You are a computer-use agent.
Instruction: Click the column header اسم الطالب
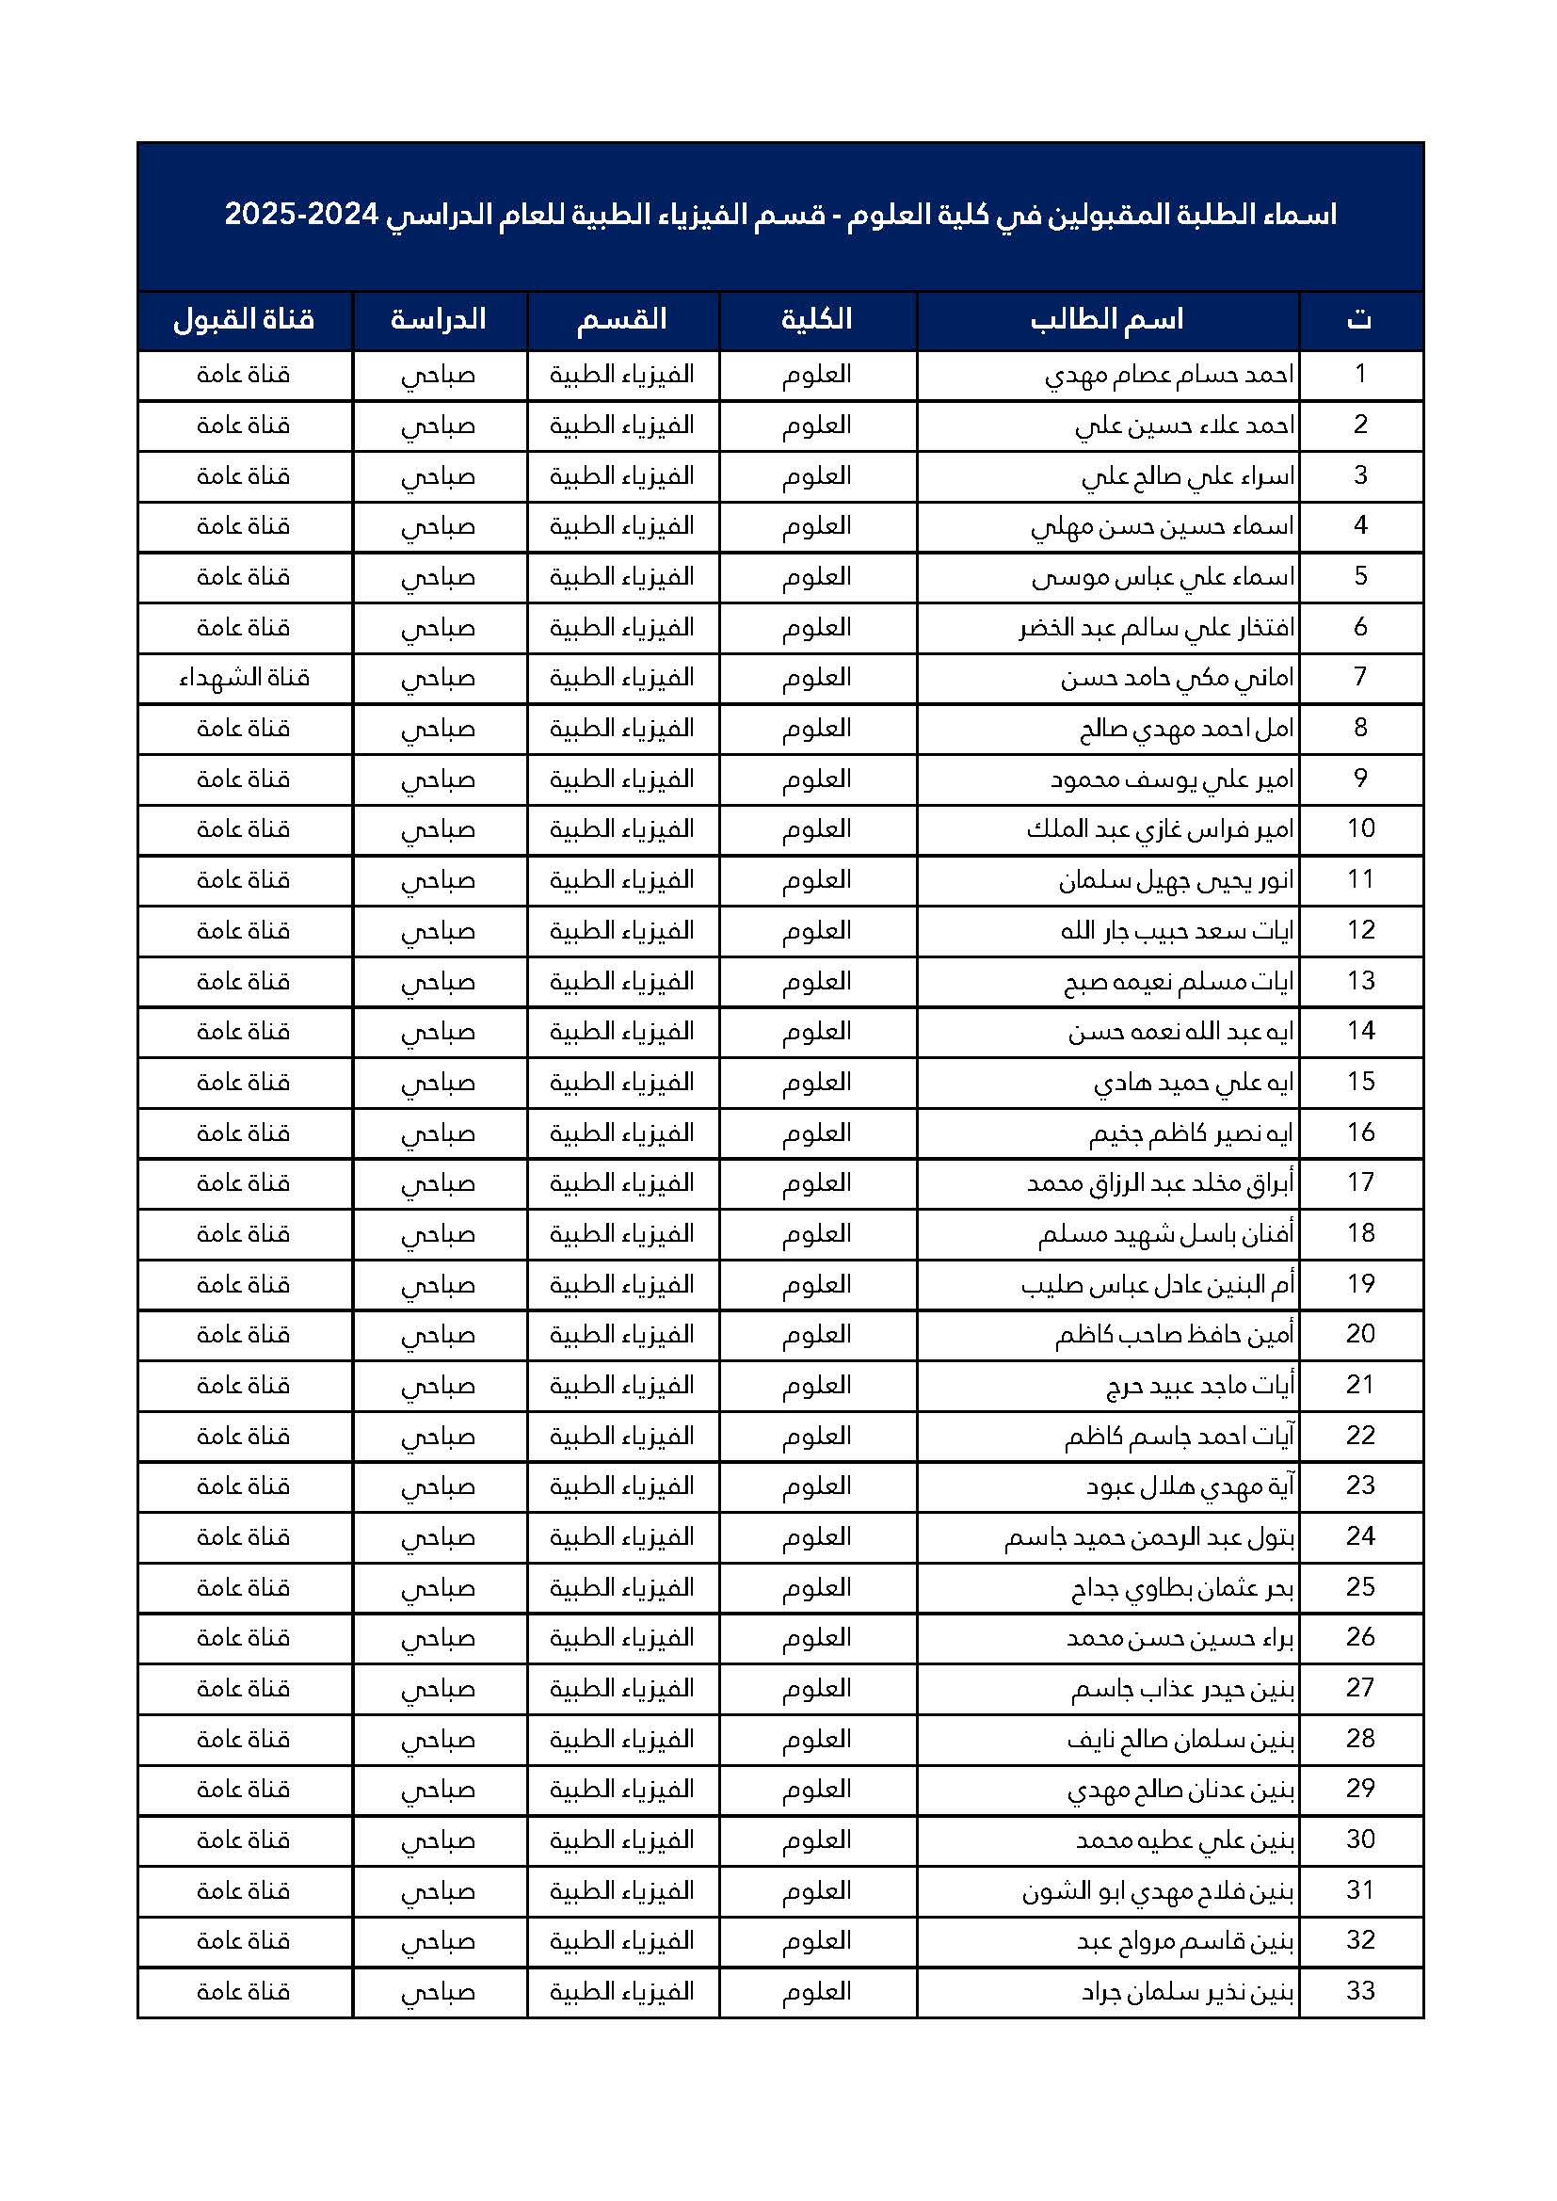(1107, 320)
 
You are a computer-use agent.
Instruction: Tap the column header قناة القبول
(244, 320)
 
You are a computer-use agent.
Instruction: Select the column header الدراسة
(438, 320)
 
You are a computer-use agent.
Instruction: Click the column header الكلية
(817, 320)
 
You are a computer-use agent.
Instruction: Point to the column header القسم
(621, 320)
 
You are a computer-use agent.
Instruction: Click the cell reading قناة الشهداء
(245, 679)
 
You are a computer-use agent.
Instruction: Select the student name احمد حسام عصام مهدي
(1169, 375)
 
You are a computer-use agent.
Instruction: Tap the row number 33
(1360, 1991)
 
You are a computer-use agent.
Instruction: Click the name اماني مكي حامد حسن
(1177, 679)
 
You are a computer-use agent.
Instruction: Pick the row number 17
(1360, 1182)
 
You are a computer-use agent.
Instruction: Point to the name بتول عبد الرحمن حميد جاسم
(1149, 1536)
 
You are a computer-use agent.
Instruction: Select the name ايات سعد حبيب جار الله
(1177, 931)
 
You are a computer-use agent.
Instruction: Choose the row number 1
(1360, 374)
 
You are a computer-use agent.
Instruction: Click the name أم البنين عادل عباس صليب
(1157, 1283)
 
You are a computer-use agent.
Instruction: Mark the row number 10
(1360, 828)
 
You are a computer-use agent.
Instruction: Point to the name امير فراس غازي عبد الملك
(1160, 829)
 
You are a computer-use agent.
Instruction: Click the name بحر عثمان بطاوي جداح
(1182, 1587)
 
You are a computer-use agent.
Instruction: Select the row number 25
(1360, 1586)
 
